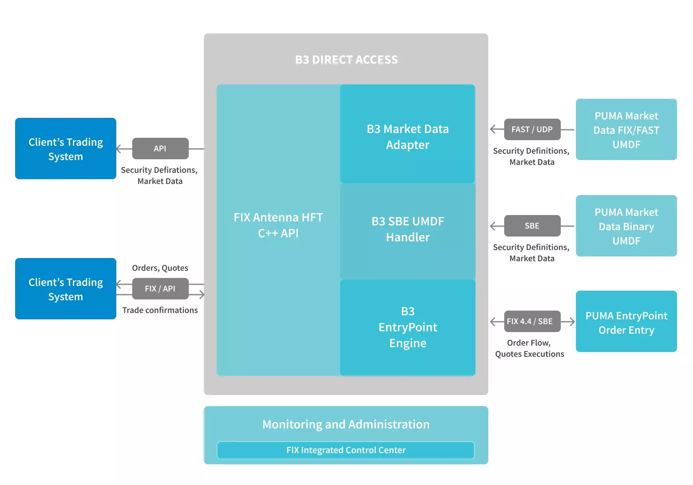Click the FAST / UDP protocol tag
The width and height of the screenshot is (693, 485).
click(532, 129)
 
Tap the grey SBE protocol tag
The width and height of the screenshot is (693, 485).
click(532, 226)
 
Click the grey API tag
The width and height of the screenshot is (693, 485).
click(160, 149)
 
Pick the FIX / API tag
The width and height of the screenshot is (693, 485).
click(160, 289)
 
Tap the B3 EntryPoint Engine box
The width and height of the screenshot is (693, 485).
click(407, 327)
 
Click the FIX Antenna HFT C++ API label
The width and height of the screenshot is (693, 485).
click(278, 225)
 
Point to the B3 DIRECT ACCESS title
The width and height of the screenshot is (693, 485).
click(346, 60)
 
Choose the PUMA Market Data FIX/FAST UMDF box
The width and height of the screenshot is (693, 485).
click(626, 129)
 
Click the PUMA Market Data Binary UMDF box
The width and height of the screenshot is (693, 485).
click(626, 226)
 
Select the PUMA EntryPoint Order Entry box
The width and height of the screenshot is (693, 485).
click(626, 321)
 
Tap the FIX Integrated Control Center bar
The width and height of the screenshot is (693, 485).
click(346, 450)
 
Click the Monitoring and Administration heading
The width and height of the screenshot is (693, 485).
click(346, 424)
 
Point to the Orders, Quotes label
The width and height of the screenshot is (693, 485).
click(160, 268)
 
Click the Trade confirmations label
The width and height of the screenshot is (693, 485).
click(160, 310)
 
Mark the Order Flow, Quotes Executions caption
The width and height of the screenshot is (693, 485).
click(530, 348)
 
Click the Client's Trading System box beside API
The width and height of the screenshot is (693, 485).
click(66, 149)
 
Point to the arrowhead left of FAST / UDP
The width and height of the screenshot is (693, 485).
click(493, 129)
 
